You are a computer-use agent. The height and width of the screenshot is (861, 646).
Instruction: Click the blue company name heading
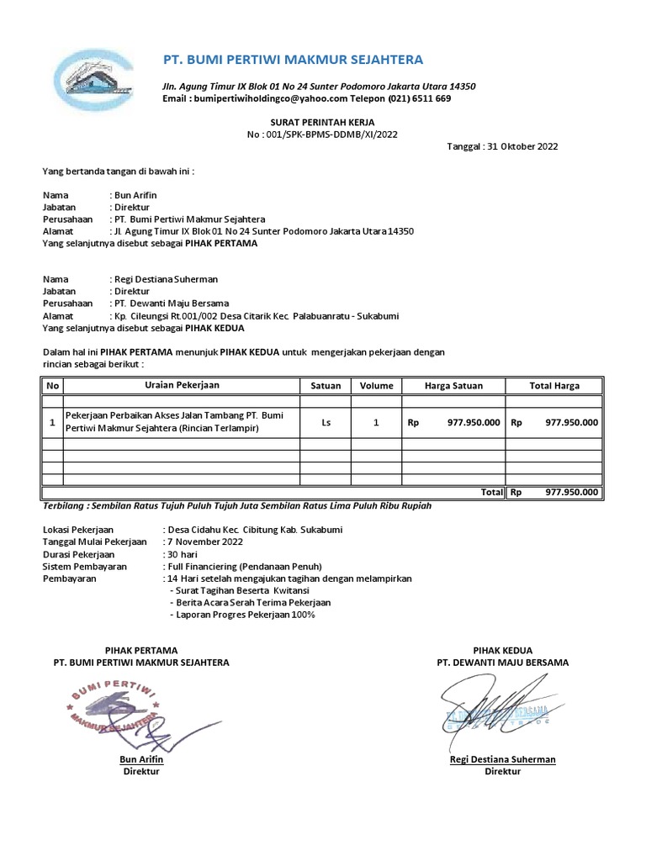293,59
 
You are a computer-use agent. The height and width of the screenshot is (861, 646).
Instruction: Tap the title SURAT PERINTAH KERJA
322,123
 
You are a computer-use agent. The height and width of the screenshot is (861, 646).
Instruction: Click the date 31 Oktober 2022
522,146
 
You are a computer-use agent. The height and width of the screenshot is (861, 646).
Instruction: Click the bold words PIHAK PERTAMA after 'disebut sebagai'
221,243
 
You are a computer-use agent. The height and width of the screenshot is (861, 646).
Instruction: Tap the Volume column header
377,386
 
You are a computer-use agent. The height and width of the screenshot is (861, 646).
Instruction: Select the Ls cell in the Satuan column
326,422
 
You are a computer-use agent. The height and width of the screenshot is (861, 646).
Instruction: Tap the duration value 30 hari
184,555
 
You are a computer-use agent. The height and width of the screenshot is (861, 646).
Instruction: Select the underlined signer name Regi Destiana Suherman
503,759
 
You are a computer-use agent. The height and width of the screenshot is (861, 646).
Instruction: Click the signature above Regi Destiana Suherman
496,710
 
